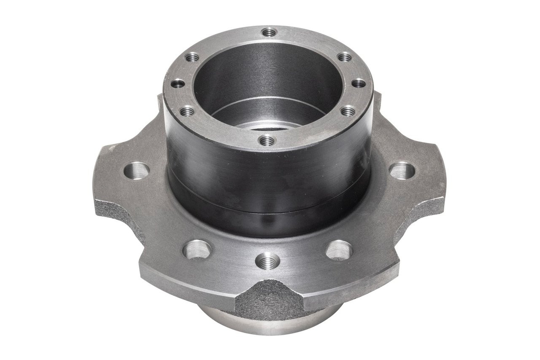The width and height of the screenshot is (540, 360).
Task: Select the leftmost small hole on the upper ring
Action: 178,83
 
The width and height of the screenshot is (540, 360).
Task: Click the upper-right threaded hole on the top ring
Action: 345,56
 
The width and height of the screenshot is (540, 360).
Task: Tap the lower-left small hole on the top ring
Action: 187,112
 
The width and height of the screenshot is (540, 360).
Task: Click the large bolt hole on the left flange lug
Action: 137,171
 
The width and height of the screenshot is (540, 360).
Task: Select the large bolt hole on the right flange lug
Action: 402,171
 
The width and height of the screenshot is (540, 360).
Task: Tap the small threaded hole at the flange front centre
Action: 267,261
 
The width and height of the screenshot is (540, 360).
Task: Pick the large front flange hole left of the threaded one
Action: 197,250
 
